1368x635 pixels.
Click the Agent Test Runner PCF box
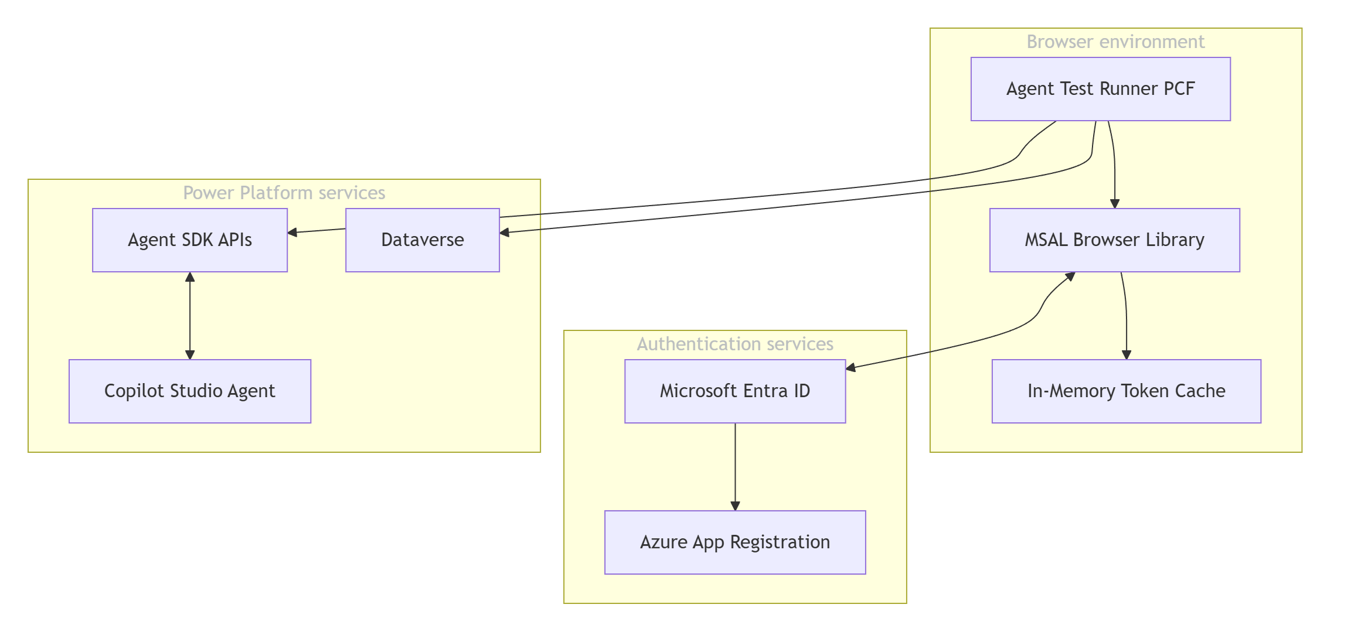tap(1100, 89)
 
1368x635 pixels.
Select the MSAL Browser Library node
tap(1114, 240)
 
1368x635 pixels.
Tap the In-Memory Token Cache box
tap(1126, 391)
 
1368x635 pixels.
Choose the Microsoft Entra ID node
tap(735, 391)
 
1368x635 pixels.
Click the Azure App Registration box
tap(735, 542)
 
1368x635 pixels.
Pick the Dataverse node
tap(422, 240)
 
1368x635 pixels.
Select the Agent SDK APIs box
tap(190, 240)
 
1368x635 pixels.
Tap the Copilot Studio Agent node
tap(190, 391)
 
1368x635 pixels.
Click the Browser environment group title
tap(1115, 42)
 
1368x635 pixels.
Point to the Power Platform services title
tap(284, 193)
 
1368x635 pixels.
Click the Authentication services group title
tap(735, 344)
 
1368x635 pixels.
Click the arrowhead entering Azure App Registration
tap(735, 506)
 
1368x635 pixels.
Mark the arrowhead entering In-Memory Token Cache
tap(1126, 355)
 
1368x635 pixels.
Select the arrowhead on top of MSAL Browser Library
tap(1115, 204)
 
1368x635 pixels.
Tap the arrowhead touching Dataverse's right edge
tap(505, 233)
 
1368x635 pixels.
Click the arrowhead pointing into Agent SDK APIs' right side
tap(292, 233)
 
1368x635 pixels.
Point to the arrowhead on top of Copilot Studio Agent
tap(190, 355)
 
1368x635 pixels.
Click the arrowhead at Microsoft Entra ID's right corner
tap(851, 368)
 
